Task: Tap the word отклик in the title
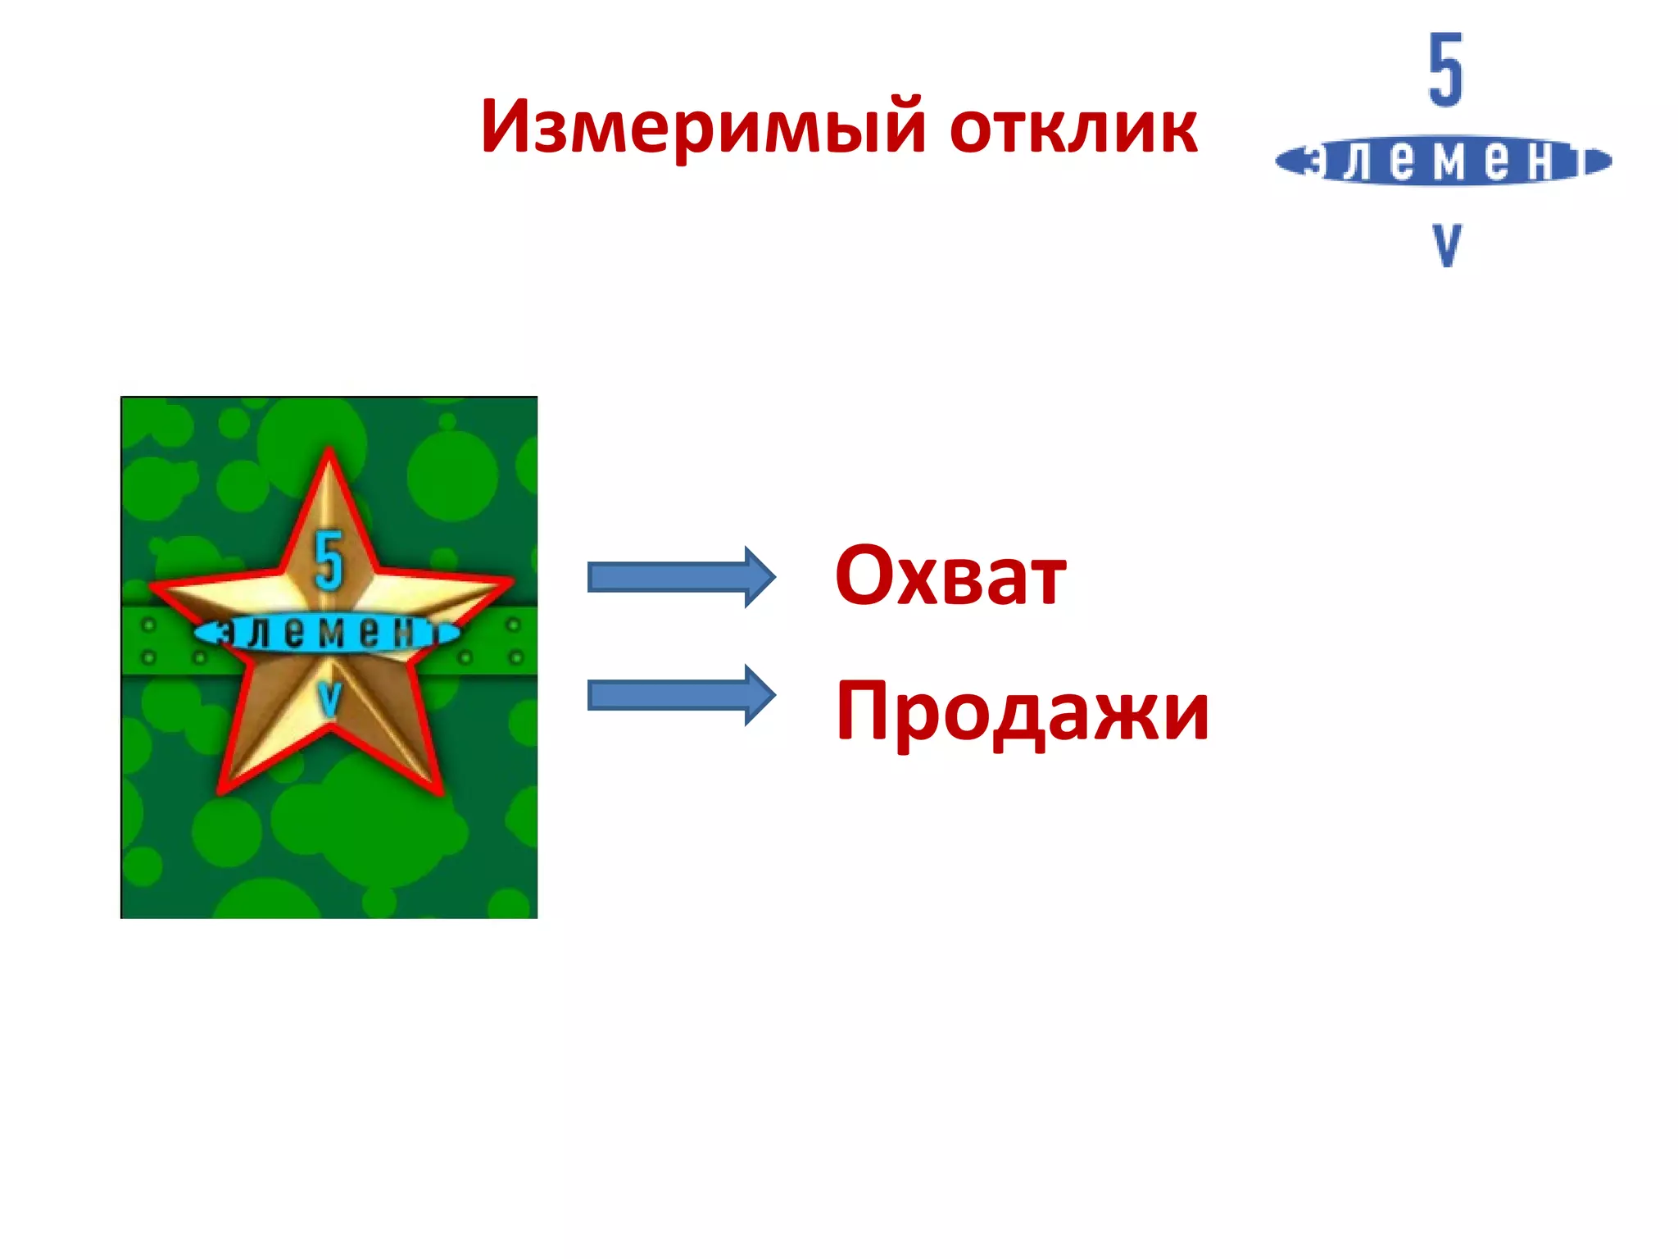tap(1073, 129)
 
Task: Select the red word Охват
tap(950, 576)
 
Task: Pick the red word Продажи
tap(1022, 711)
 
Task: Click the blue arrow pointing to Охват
tap(680, 577)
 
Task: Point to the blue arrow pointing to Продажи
tap(680, 696)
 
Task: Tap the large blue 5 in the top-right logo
tap(1445, 70)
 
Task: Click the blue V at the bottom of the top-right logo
tap(1446, 244)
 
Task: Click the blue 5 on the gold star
tap(329, 561)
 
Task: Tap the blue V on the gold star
tap(329, 698)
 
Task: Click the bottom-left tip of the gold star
tap(224, 789)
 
